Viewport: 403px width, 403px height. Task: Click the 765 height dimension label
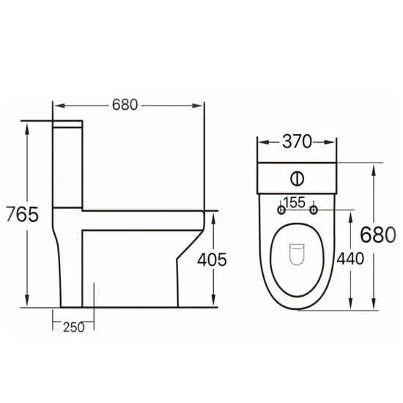[x=22, y=214]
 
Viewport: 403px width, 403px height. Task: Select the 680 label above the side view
[x=125, y=105]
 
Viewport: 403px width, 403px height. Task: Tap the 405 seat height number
[x=212, y=259]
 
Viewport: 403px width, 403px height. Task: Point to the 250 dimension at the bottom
[x=74, y=328]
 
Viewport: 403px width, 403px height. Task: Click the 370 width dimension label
[x=297, y=141]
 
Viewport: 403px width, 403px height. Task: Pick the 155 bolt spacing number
[x=295, y=202]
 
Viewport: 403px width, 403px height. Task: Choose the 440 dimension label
[x=350, y=259]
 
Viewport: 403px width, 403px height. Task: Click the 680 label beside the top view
[x=378, y=234]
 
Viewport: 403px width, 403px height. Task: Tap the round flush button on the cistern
[x=297, y=178]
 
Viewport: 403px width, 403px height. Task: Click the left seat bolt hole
[x=281, y=210]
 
